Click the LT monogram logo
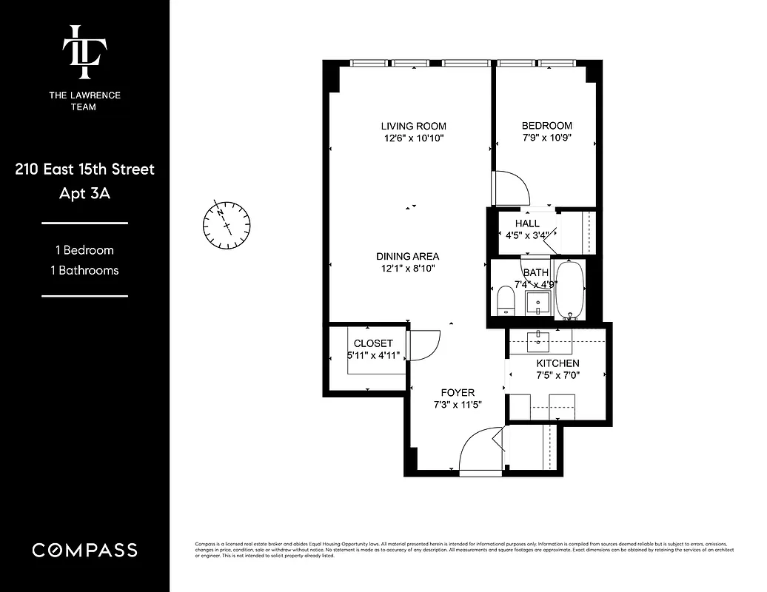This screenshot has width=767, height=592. click(x=84, y=51)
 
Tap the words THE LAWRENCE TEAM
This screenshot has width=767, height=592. click(x=84, y=101)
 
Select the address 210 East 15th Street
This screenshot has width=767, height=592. click(x=84, y=169)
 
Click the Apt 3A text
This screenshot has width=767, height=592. click(x=84, y=194)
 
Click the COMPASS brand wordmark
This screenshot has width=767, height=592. click(x=84, y=550)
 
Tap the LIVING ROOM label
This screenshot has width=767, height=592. click(x=413, y=126)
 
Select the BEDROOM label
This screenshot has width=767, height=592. click(x=546, y=126)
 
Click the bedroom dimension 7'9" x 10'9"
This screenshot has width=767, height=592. click(x=546, y=138)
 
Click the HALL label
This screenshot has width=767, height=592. click(x=527, y=223)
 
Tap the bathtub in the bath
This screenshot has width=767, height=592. click(x=569, y=289)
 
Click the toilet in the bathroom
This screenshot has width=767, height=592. click(x=506, y=300)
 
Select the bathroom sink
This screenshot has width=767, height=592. click(x=537, y=301)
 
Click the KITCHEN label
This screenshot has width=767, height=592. click(x=557, y=363)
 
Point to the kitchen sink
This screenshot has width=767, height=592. click(x=538, y=340)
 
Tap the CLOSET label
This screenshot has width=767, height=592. click(x=373, y=343)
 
